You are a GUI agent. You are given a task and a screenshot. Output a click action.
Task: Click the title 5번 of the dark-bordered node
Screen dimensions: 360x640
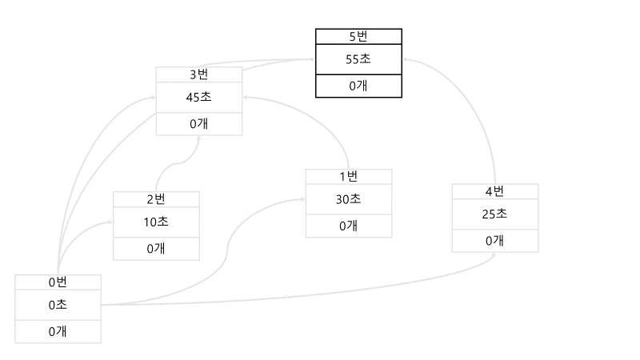(x=358, y=36)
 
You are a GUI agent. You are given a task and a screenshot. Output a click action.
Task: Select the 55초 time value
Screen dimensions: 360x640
(x=358, y=58)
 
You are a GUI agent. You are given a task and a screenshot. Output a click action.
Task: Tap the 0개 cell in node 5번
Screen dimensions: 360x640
(x=358, y=86)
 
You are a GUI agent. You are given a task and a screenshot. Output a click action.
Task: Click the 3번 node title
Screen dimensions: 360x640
(x=198, y=74)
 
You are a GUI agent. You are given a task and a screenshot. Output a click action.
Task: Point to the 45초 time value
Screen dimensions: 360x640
(x=198, y=98)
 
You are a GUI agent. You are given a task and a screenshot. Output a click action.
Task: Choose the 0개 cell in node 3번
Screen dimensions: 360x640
(x=198, y=124)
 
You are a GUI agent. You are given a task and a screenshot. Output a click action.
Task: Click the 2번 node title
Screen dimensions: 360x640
(x=156, y=199)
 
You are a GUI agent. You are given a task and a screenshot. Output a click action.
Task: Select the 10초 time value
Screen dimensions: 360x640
(x=156, y=222)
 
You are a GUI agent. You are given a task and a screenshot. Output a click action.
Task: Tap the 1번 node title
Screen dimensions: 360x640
(x=349, y=176)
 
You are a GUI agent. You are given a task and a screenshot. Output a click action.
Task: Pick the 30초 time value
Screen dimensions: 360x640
(x=349, y=199)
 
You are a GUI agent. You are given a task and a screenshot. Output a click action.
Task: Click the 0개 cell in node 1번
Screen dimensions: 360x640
(x=349, y=226)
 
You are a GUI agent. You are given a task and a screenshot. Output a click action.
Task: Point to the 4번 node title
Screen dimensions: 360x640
(x=494, y=191)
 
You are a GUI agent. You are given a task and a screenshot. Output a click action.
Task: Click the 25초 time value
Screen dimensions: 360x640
(x=494, y=214)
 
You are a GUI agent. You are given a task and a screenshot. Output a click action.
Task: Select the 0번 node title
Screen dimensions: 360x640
(x=58, y=282)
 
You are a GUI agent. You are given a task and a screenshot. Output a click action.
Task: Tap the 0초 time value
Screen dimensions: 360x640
(x=58, y=304)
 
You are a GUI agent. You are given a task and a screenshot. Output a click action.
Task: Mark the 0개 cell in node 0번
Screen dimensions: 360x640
(x=58, y=330)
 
